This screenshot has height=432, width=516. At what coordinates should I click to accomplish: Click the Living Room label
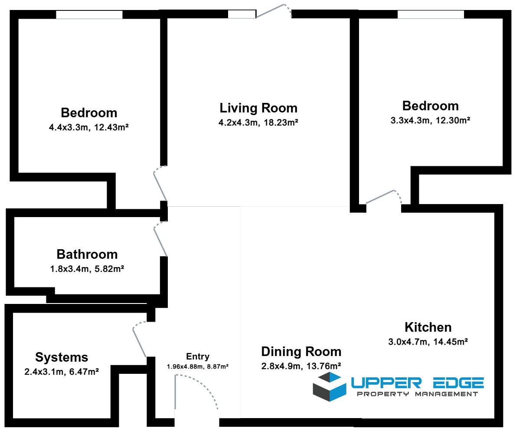point(258,108)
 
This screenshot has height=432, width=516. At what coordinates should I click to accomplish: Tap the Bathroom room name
point(87,254)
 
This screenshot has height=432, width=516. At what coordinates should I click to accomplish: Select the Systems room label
point(62,357)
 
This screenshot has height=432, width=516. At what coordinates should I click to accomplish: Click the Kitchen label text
point(428,327)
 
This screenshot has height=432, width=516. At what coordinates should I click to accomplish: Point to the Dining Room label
point(301,352)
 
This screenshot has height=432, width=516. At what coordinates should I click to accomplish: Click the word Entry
point(198,356)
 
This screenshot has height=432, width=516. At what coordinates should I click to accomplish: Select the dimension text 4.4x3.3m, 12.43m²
point(89,127)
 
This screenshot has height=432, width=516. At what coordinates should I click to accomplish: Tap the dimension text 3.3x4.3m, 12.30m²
point(431,120)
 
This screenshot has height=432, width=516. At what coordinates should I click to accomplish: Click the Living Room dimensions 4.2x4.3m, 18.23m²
point(258,122)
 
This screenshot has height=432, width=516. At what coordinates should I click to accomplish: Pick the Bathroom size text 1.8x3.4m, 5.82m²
point(87,269)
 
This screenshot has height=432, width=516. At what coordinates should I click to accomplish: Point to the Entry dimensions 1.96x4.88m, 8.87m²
point(198,366)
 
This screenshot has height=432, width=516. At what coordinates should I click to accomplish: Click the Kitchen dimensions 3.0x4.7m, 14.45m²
point(428,342)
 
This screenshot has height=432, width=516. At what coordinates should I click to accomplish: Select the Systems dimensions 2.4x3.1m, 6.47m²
point(62,372)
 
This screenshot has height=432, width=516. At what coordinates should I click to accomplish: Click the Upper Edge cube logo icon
point(330,386)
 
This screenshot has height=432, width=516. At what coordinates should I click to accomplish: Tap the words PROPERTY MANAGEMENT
point(418,394)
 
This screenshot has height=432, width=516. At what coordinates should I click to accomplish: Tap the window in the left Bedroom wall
point(89,14)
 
